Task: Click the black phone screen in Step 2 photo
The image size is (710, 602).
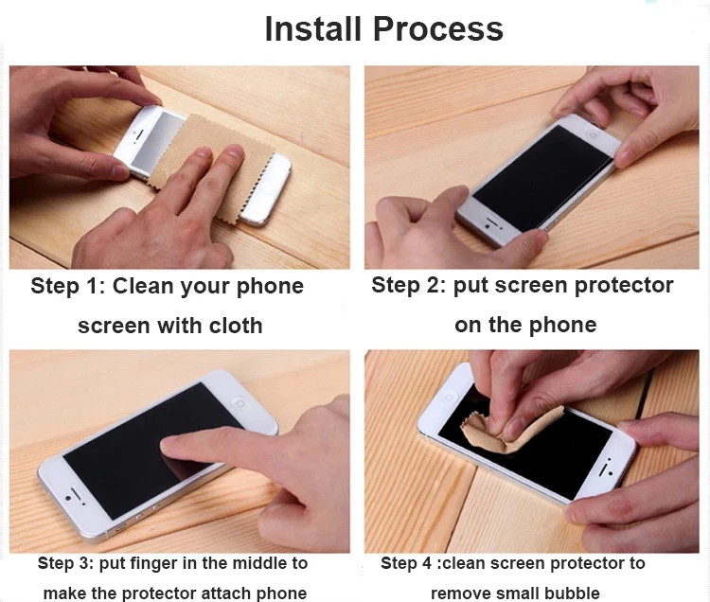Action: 542,179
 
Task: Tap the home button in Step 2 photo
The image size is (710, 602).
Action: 592,134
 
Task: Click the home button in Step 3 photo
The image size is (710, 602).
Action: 240,403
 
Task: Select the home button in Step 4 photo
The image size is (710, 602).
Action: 449,398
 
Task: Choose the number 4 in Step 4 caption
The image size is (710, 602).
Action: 427,563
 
